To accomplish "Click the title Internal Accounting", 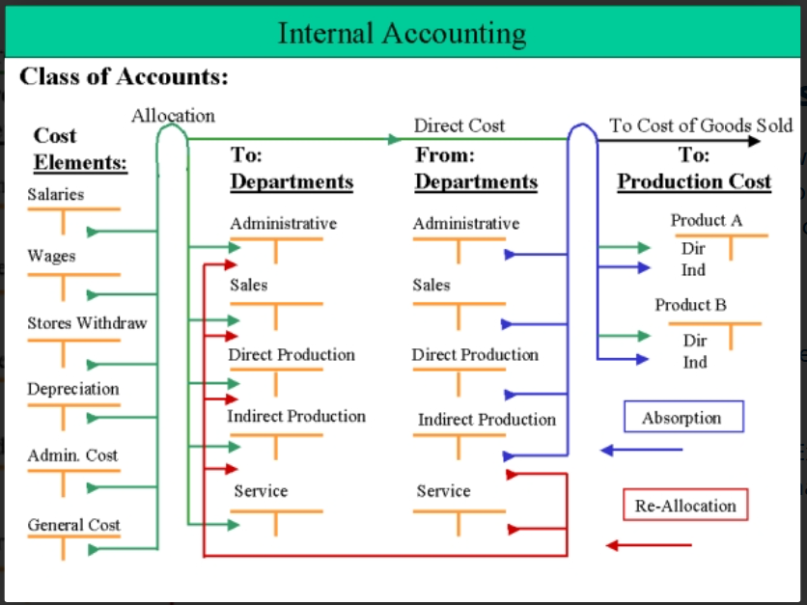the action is click(x=402, y=34).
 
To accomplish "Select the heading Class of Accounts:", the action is click(x=124, y=76).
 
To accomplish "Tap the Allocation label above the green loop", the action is click(x=174, y=116).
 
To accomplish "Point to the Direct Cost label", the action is click(x=459, y=125).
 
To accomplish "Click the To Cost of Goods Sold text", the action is click(x=701, y=125).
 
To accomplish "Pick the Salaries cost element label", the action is click(x=56, y=195).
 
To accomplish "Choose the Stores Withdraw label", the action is click(x=87, y=323).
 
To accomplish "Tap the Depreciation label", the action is click(x=73, y=389).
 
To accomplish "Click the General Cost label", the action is click(x=73, y=525).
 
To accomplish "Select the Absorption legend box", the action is click(x=683, y=416).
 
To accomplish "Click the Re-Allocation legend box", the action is click(x=685, y=505).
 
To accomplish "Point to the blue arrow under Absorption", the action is click(x=641, y=451).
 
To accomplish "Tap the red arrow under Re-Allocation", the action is click(x=649, y=545).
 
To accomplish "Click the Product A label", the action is click(x=707, y=220).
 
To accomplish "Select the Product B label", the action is click(x=691, y=305).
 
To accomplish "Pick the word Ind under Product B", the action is click(x=695, y=362).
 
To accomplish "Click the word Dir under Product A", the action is click(x=693, y=249).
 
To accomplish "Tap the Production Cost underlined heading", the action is click(x=694, y=181).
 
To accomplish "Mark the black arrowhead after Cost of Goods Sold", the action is click(x=754, y=141).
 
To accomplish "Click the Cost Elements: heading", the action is click(x=80, y=150).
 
